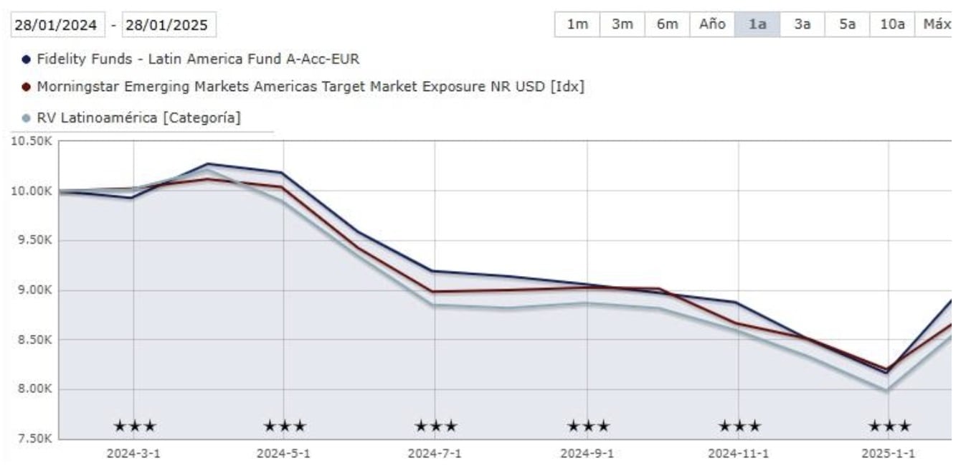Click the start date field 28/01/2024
point(57,25)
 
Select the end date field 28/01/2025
point(169,25)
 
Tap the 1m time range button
point(577,24)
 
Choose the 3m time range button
point(622,24)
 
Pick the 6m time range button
point(667,24)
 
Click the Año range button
point(712,24)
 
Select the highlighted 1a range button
point(757,24)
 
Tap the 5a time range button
point(847,24)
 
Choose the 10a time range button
point(891,24)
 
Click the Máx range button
point(935,24)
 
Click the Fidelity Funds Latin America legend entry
point(197,59)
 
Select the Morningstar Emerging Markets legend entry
point(310,87)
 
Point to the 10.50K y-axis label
point(30,141)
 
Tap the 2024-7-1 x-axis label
point(435,455)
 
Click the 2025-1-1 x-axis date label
point(889,455)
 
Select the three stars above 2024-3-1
point(134,427)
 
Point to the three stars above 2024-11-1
point(739,427)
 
